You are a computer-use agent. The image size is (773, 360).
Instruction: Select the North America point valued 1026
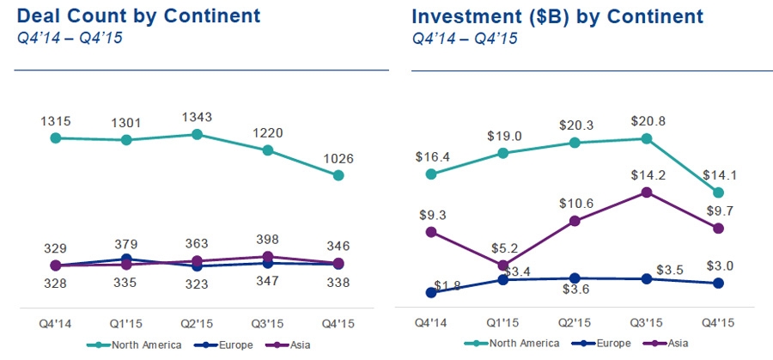338,175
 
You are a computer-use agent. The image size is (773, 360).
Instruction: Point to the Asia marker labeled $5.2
503,265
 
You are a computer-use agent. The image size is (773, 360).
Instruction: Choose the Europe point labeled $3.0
719,283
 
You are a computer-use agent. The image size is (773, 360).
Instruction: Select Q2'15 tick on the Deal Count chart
197,325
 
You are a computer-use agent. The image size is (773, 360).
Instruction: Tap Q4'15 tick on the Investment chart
718,325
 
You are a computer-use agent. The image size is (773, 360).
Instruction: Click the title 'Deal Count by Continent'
138,16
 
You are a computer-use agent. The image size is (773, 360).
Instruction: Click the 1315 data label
56,119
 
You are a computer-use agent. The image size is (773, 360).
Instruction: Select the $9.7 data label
720,211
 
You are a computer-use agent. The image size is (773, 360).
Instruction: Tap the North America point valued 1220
268,150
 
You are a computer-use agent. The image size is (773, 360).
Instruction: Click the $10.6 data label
574,204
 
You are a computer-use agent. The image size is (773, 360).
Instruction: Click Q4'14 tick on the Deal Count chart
55,325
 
